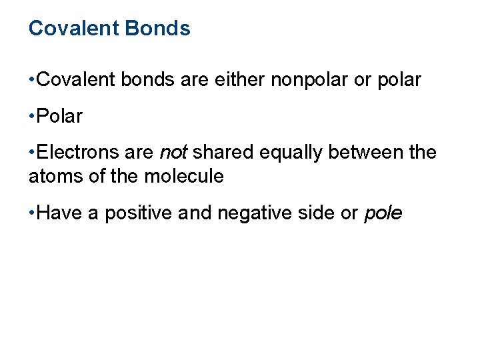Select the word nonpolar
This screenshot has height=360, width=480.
[310, 80]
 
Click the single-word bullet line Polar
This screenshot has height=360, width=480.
[60, 117]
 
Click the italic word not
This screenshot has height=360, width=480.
[173, 153]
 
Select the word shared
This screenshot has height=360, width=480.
[223, 153]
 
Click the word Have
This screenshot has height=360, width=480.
[59, 213]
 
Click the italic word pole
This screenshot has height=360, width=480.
[383, 214]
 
